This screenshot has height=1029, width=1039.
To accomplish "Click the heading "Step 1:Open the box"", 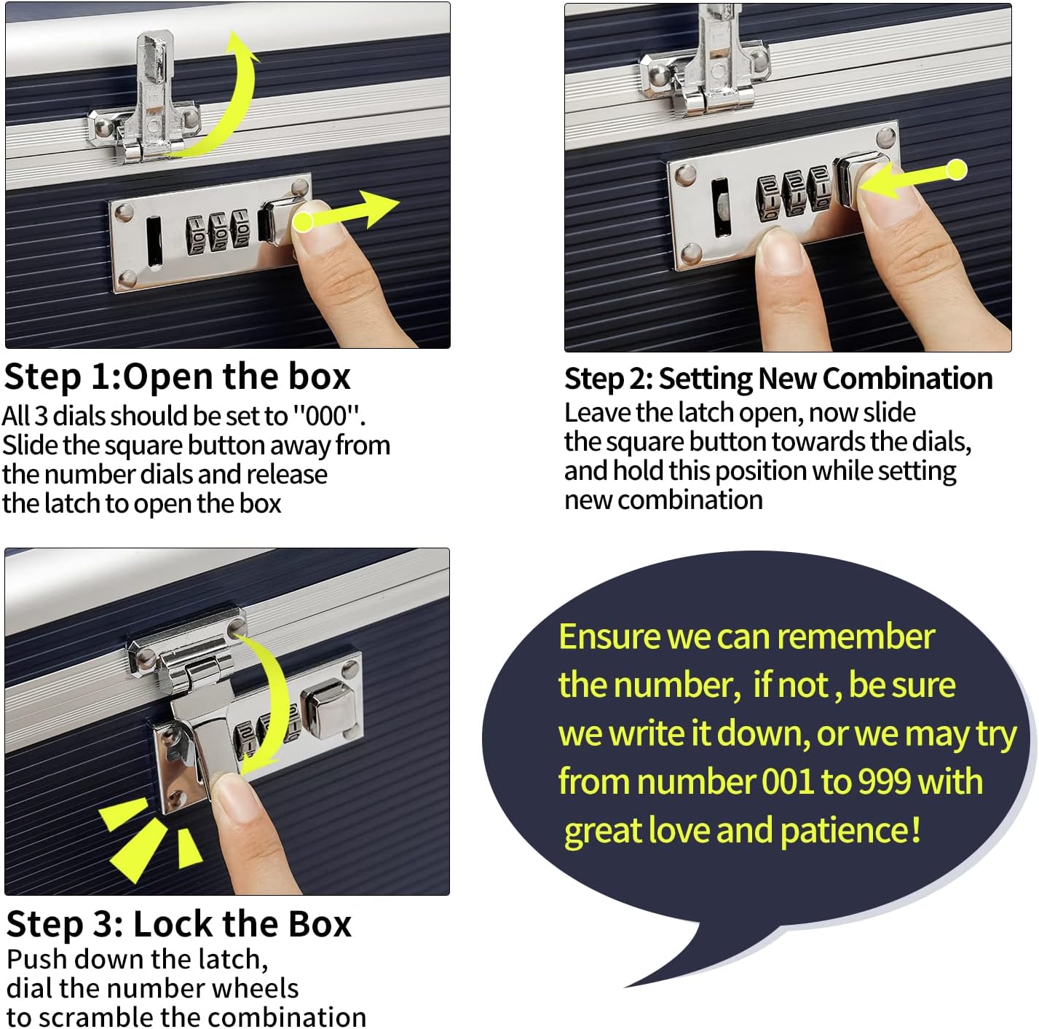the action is pyautogui.click(x=177, y=377).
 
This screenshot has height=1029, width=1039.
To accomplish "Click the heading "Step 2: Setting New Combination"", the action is pyautogui.click(x=778, y=379).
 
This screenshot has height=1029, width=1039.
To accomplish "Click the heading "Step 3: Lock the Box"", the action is pyautogui.click(x=178, y=924).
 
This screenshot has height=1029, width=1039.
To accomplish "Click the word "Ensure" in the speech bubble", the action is pyautogui.click(x=609, y=637).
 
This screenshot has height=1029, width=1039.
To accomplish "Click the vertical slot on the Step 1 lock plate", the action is pyautogui.click(x=154, y=242).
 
